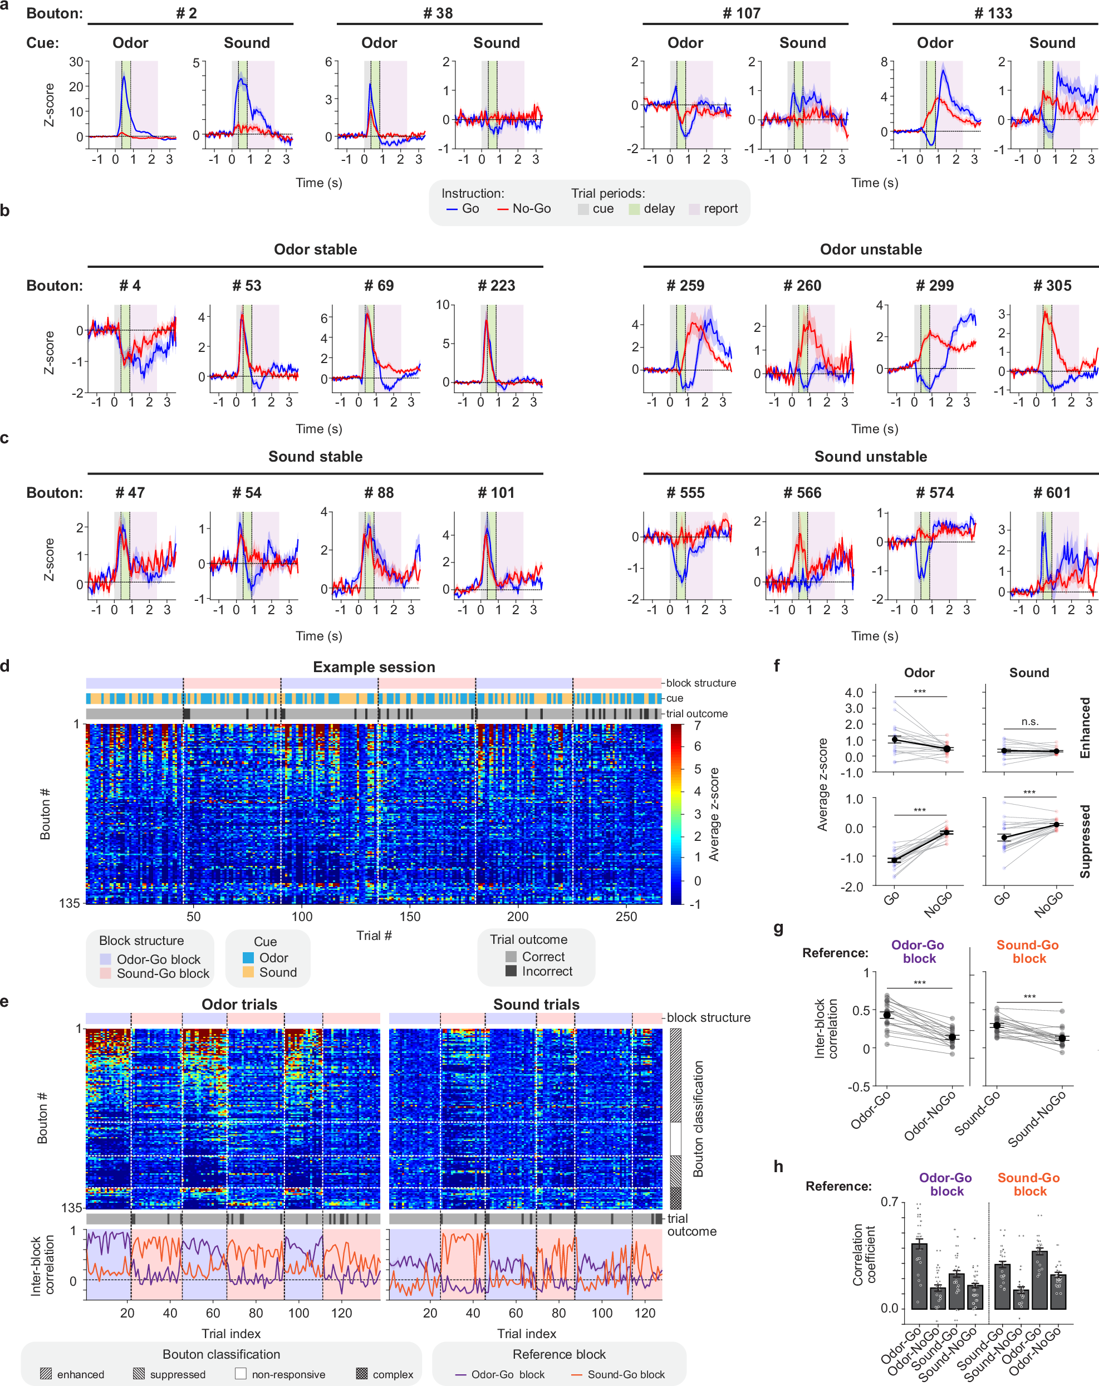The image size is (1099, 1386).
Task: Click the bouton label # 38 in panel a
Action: click(438, 13)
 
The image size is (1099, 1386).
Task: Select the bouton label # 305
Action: click(1052, 286)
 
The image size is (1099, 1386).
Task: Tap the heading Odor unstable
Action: click(870, 249)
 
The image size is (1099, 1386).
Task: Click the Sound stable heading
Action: click(315, 457)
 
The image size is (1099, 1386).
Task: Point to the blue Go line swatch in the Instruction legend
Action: click(452, 209)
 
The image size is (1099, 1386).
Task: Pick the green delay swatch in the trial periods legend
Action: click(634, 209)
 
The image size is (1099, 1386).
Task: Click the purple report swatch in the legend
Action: click(694, 209)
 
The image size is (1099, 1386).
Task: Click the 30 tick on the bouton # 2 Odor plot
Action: click(76, 62)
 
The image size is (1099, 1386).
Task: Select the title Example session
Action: click(374, 667)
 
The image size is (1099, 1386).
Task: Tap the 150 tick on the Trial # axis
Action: click(410, 917)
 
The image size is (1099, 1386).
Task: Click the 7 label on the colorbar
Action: click(698, 726)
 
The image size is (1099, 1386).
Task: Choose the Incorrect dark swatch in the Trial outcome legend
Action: click(511, 971)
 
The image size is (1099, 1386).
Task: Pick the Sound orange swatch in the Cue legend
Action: click(248, 972)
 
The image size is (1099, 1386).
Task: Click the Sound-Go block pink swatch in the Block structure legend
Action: click(105, 973)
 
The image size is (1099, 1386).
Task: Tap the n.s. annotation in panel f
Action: click(1029, 721)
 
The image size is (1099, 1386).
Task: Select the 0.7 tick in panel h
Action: click(889, 1202)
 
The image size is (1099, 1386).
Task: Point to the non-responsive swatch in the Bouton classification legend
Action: click(241, 1374)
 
